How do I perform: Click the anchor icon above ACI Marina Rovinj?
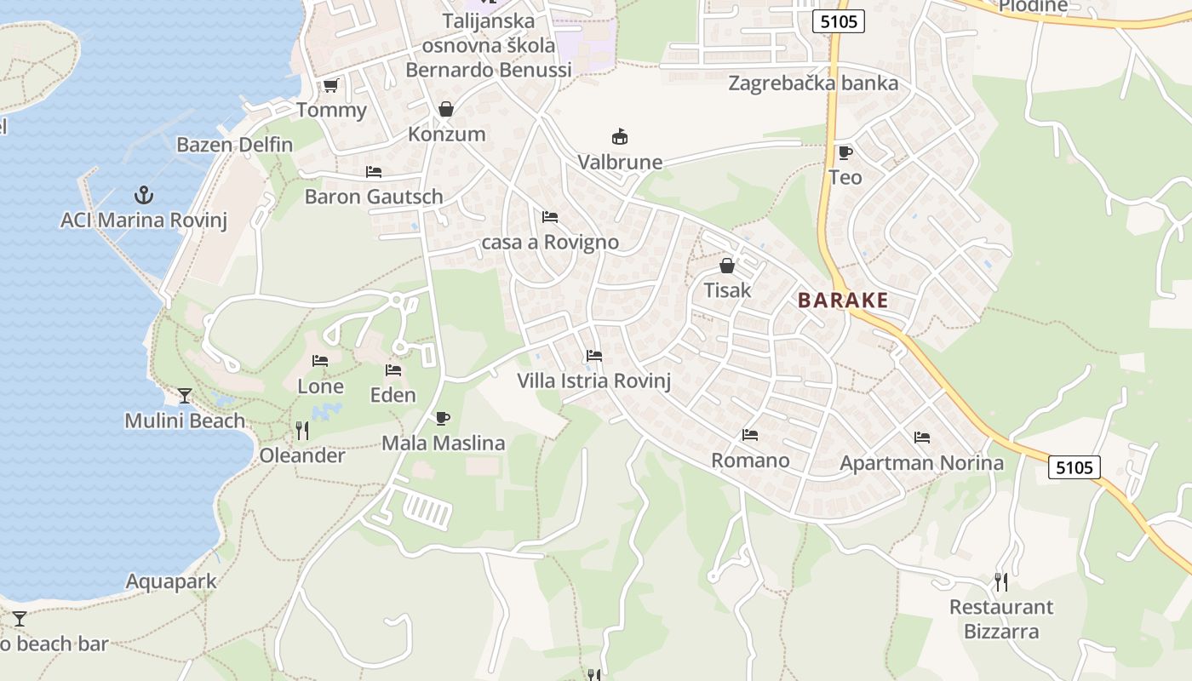coord(145,195)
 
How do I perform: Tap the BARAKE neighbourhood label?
coord(843,300)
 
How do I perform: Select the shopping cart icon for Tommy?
coord(330,85)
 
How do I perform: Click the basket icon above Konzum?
coord(445,109)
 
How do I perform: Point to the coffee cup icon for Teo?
coord(845,152)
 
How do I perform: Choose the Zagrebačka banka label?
coord(813,83)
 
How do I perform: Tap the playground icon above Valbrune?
coord(620,136)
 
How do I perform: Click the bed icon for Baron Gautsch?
coord(373,171)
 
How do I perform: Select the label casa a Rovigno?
coord(550,242)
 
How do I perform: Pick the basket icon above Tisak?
coord(726,266)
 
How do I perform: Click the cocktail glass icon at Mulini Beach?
coord(184,395)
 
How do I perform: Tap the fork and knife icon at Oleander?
coord(301,431)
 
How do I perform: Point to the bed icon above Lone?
coord(320,361)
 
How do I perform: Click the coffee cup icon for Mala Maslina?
coord(442,418)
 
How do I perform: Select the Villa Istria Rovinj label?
coord(594,381)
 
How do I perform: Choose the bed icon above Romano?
coord(749,435)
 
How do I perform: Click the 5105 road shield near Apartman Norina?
coord(1074,466)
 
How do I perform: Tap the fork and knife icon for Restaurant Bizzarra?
coord(1001,582)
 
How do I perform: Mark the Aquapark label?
coord(171,581)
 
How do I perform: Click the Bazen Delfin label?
coord(234,144)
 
